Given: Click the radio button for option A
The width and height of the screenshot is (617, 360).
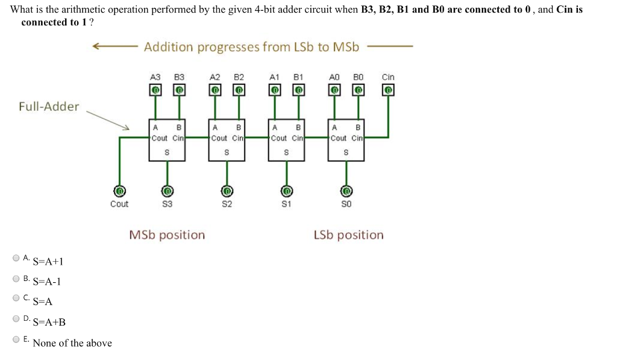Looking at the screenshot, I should pos(16,258).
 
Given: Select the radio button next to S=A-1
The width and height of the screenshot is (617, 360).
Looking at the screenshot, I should pos(16,279).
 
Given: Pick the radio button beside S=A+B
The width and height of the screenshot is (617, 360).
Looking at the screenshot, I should pos(16,319).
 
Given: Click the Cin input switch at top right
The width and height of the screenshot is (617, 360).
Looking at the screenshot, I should pos(388,90).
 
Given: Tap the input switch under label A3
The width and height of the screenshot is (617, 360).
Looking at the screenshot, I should pos(155,90).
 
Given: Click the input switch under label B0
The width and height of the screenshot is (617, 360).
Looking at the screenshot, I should pos(359,90).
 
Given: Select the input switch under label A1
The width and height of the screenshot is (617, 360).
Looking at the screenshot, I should pos(275,90).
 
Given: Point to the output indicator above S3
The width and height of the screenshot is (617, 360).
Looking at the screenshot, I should pos(168,191).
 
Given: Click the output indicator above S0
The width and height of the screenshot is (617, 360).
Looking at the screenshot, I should pos(346,191).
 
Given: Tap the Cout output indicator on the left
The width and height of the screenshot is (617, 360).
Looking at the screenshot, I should pos(119,191).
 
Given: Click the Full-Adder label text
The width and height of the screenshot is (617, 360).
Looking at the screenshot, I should pos(49,107).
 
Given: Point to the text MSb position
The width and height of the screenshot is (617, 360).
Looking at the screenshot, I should pos(167,235).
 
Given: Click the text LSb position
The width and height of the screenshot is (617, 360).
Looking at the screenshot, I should pos(348,235).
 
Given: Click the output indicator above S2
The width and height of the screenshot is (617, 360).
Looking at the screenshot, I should pos(227,191).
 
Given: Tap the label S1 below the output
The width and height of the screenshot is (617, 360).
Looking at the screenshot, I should pos(286,204).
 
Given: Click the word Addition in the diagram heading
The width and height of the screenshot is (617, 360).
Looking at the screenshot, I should pos(168,47).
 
